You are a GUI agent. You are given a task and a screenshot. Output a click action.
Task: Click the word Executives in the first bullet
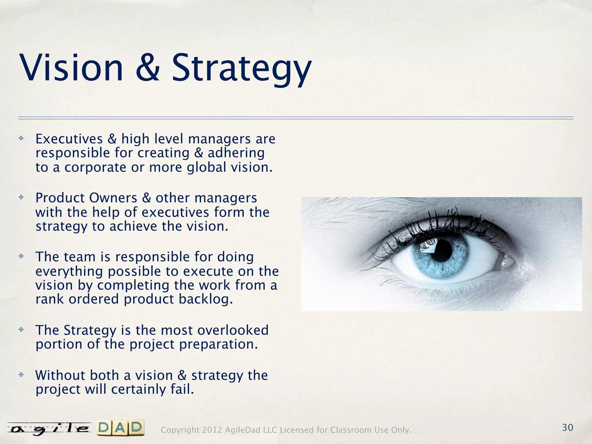69,139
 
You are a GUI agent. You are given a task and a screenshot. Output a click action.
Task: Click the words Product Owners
86,198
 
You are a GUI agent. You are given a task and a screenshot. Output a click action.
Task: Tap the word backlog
206,299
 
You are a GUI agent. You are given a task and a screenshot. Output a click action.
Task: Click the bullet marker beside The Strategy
21,330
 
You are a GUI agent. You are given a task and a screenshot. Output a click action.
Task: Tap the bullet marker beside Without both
21,375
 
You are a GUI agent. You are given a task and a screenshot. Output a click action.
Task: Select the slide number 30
567,428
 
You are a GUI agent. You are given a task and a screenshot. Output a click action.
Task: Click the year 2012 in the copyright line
212,430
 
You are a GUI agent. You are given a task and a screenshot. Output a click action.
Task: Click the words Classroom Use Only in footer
370,430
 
